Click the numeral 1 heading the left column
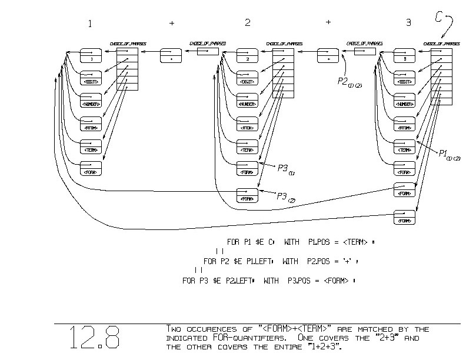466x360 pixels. pyautogui.click(x=90, y=24)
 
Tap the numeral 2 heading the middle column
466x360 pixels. pyautogui.click(x=248, y=24)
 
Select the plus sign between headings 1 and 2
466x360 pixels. pyautogui.click(x=172, y=24)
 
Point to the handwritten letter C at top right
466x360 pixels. pyautogui.click(x=439, y=17)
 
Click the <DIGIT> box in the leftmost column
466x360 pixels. pyautogui.click(x=92, y=81)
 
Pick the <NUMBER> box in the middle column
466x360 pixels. pyautogui.click(x=247, y=104)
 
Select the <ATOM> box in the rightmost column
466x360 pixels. pyautogui.click(x=404, y=126)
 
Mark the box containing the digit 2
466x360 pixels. pyautogui.click(x=248, y=59)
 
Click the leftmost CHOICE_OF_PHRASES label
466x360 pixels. pyautogui.click(x=128, y=44)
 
